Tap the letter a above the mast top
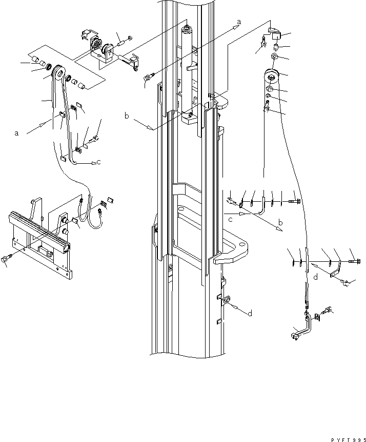point(238,23)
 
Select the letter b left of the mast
point(127,117)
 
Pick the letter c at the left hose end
point(98,163)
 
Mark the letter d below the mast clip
point(249,314)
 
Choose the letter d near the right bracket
point(316,278)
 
